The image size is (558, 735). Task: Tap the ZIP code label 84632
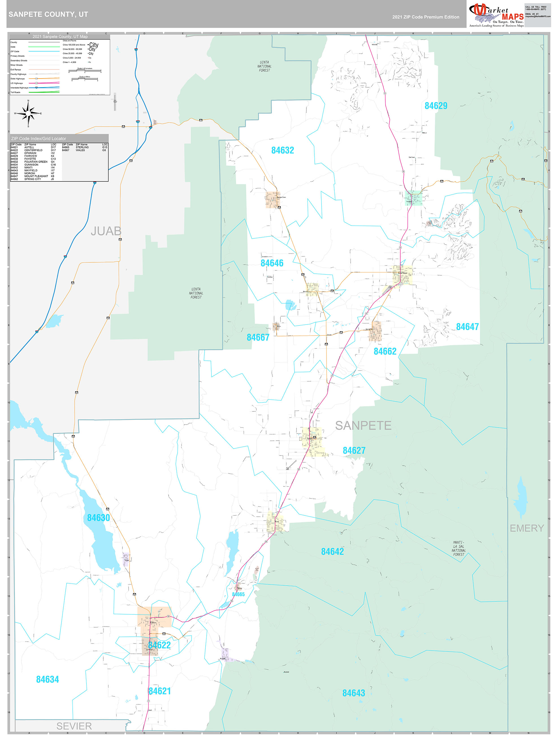(x=282, y=150)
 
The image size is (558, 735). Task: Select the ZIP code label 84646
(x=272, y=263)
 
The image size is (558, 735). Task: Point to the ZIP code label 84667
(x=258, y=337)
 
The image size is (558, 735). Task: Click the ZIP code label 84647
(x=467, y=327)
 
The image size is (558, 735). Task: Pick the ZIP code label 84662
(x=385, y=351)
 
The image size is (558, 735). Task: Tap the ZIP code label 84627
(x=354, y=450)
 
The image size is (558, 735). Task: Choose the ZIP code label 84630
(x=98, y=518)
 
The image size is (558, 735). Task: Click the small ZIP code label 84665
(x=238, y=595)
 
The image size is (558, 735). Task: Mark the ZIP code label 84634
(x=47, y=680)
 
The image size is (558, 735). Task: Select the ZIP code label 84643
(x=354, y=693)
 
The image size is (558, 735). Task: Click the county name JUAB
(x=106, y=231)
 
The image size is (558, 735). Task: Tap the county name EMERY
(x=527, y=528)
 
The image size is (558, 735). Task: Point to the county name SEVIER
(x=74, y=726)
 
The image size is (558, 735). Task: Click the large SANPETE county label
(x=363, y=425)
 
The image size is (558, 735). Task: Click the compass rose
(x=28, y=113)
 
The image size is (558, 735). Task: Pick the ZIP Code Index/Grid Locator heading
(x=38, y=139)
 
